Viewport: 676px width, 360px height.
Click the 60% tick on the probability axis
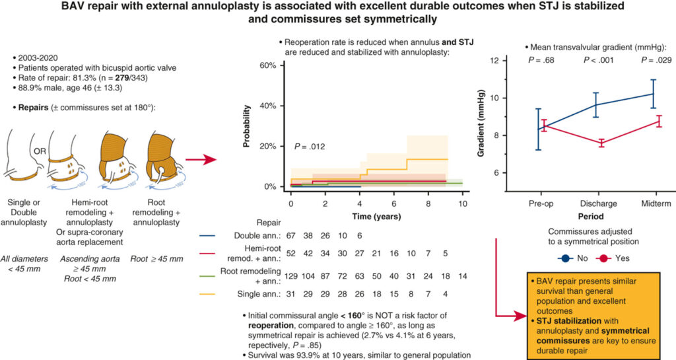click(267, 66)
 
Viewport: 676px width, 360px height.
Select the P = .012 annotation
click(311, 146)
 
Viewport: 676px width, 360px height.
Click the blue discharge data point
click(595, 104)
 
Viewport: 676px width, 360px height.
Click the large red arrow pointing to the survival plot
click(201, 160)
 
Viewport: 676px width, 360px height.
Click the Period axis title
click(595, 215)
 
